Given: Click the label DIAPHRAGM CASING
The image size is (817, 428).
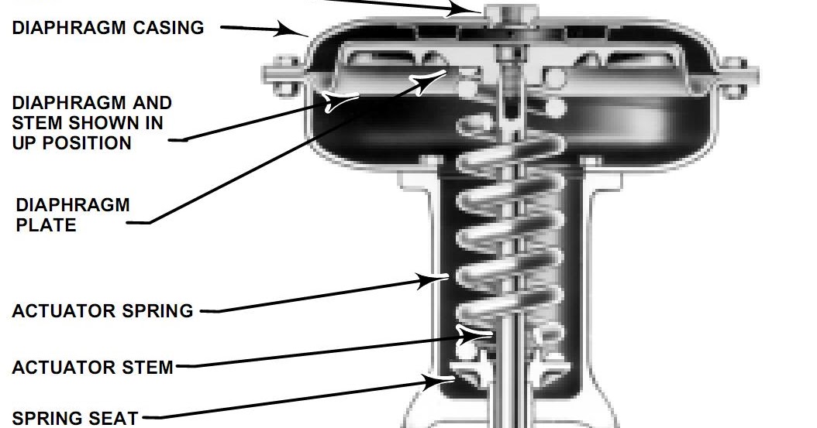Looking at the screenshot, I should click(108, 28).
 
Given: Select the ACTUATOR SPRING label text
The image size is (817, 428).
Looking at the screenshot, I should click(102, 311).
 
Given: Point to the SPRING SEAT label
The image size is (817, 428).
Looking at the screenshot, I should click(74, 418).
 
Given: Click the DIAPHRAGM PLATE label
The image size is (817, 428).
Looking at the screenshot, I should click(72, 215).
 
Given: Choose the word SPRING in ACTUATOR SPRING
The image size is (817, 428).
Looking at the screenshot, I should click(157, 311).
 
